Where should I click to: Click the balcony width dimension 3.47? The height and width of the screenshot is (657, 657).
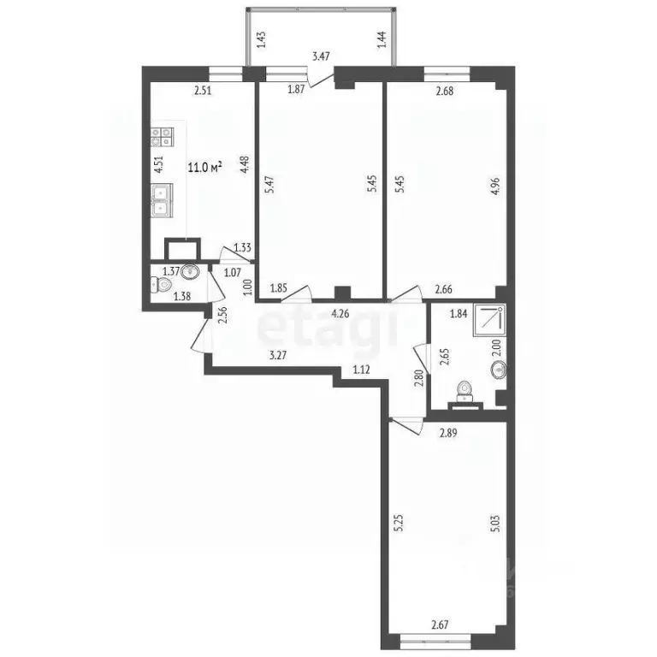(321, 56)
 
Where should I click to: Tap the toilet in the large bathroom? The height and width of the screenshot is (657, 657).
(464, 389)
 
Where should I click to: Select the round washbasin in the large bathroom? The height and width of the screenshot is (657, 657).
(497, 370)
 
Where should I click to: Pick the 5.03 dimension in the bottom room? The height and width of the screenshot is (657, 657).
(494, 524)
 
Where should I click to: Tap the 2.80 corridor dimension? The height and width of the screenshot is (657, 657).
(418, 376)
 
